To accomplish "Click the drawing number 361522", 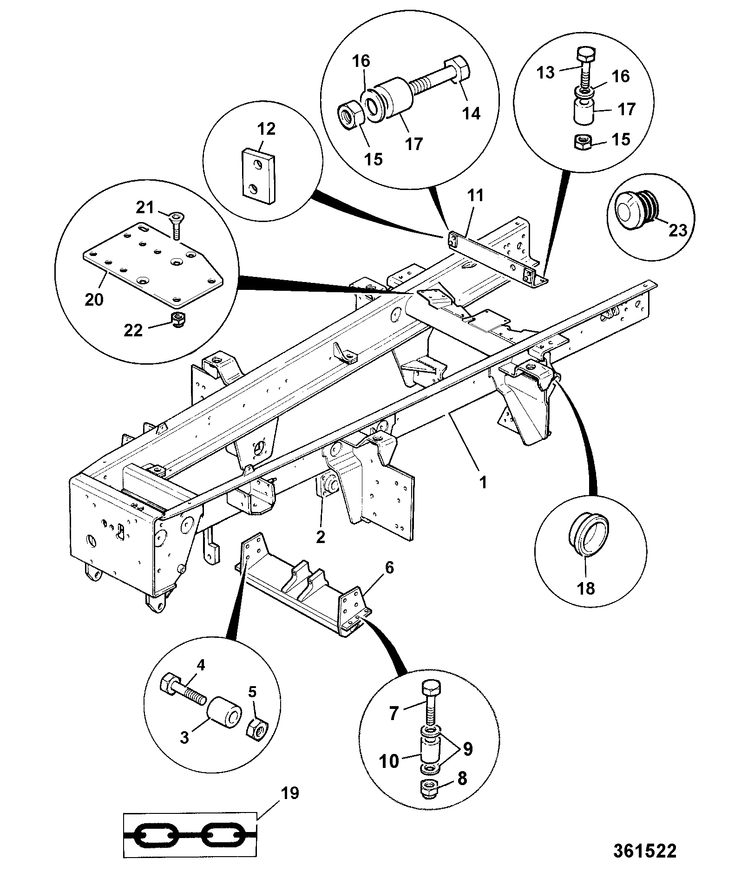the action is coord(644,851).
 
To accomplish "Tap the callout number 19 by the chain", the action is coord(289,793).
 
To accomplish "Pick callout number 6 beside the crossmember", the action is coord(389,567).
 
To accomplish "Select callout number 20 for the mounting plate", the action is coord(94,300).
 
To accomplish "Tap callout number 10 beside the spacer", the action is coord(388,761).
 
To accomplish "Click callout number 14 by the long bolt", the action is coord(472,113).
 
